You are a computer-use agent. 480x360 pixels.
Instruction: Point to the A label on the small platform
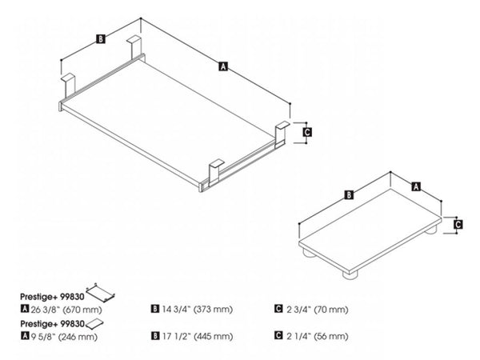coord(416,186)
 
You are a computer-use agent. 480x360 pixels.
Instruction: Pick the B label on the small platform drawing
coord(350,194)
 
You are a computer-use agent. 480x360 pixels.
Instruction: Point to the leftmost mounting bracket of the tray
coord(70,82)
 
